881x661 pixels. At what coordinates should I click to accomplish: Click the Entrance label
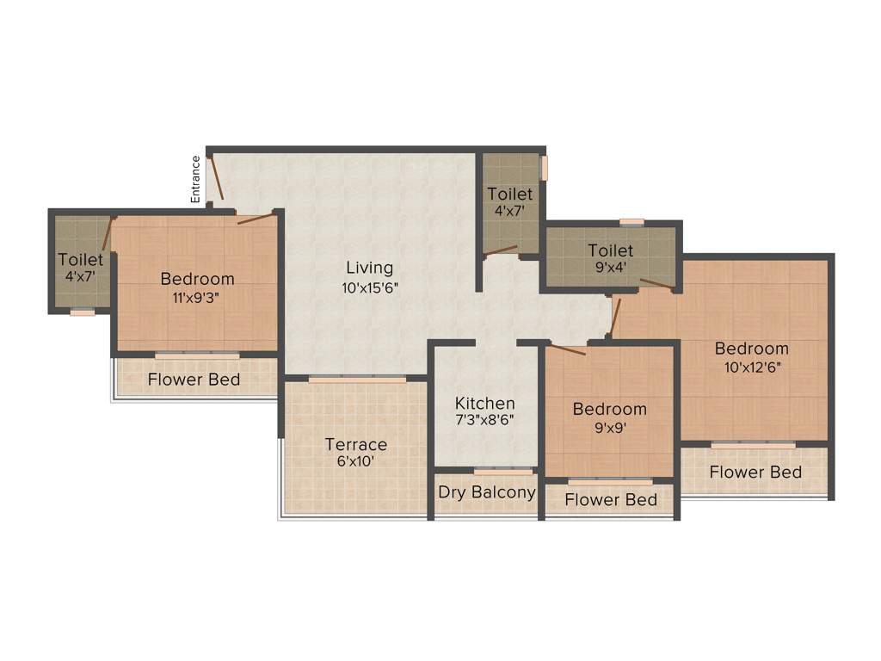tap(196, 179)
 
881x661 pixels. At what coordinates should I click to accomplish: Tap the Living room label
tap(369, 268)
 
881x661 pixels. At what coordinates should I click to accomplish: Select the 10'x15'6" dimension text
tap(370, 288)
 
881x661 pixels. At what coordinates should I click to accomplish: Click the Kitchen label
tap(485, 403)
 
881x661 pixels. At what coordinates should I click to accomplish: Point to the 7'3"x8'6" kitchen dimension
tap(485, 421)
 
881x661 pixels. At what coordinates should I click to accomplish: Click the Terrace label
tap(355, 444)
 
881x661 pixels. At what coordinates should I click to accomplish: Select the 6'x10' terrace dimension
tap(355, 461)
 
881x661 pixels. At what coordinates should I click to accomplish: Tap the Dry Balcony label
tap(486, 492)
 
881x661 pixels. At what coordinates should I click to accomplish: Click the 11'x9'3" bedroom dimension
tap(197, 299)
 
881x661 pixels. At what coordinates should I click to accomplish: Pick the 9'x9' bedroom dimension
tap(610, 428)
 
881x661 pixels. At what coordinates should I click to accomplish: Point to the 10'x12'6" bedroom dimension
tap(752, 367)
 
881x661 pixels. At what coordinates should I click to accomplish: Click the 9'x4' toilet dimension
tap(611, 267)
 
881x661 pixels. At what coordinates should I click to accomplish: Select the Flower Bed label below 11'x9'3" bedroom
tap(194, 380)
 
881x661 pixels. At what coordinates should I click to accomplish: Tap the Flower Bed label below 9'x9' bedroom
tap(611, 500)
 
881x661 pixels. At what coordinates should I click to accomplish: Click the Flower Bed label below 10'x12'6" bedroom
tap(755, 472)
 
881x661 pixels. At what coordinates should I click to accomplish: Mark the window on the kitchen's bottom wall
tap(502, 472)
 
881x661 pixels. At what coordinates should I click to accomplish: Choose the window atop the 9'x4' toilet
tap(631, 222)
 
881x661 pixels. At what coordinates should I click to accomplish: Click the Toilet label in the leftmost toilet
tap(81, 259)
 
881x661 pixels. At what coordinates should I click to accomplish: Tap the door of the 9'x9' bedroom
tap(567, 349)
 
